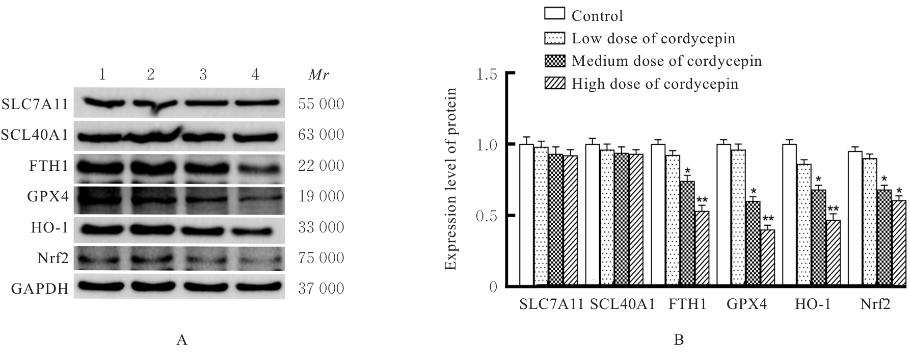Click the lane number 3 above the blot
coord(203,75)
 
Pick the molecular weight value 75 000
coord(321,258)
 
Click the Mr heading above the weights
coord(319,75)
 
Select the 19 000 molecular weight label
coord(321,197)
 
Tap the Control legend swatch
coord(554,13)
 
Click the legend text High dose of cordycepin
coord(655,84)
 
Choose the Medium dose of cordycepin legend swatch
coord(554,60)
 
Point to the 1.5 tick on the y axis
coord(488,74)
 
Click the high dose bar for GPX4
coord(767,258)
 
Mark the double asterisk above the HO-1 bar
coord(834,209)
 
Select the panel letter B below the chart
coord(679,340)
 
